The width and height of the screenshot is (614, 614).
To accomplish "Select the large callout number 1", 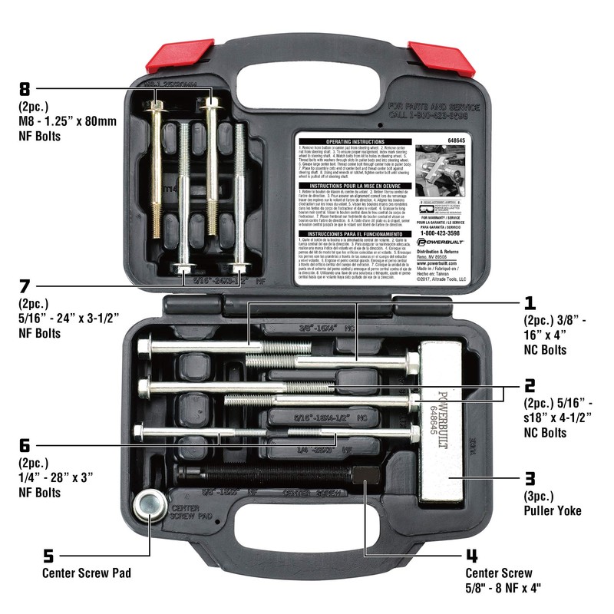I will coord(529,302).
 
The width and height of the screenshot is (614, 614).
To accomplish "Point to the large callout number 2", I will coord(529,386).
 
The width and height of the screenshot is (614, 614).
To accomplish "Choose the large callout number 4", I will coord(470,555).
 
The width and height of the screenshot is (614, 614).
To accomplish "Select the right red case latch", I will coord(434,52).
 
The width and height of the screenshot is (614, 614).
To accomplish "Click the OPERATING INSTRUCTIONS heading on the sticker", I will coord(355,142).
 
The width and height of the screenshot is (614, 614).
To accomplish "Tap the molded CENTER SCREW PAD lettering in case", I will coord(188,513).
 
